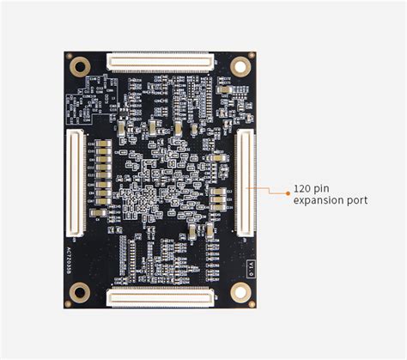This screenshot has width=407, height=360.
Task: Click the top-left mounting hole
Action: tap(81, 65)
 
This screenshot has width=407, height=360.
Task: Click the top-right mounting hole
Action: tap(240, 66)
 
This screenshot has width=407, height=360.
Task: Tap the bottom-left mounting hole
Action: tap(80, 292)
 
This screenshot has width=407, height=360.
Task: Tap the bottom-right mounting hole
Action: tap(240, 292)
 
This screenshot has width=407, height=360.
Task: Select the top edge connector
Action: tap(160, 62)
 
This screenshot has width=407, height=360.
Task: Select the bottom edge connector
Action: tap(160, 297)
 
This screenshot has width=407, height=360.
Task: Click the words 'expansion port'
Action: tap(331, 200)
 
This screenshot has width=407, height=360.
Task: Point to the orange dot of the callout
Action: tap(288, 193)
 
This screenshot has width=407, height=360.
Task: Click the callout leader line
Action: tap(270, 190)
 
